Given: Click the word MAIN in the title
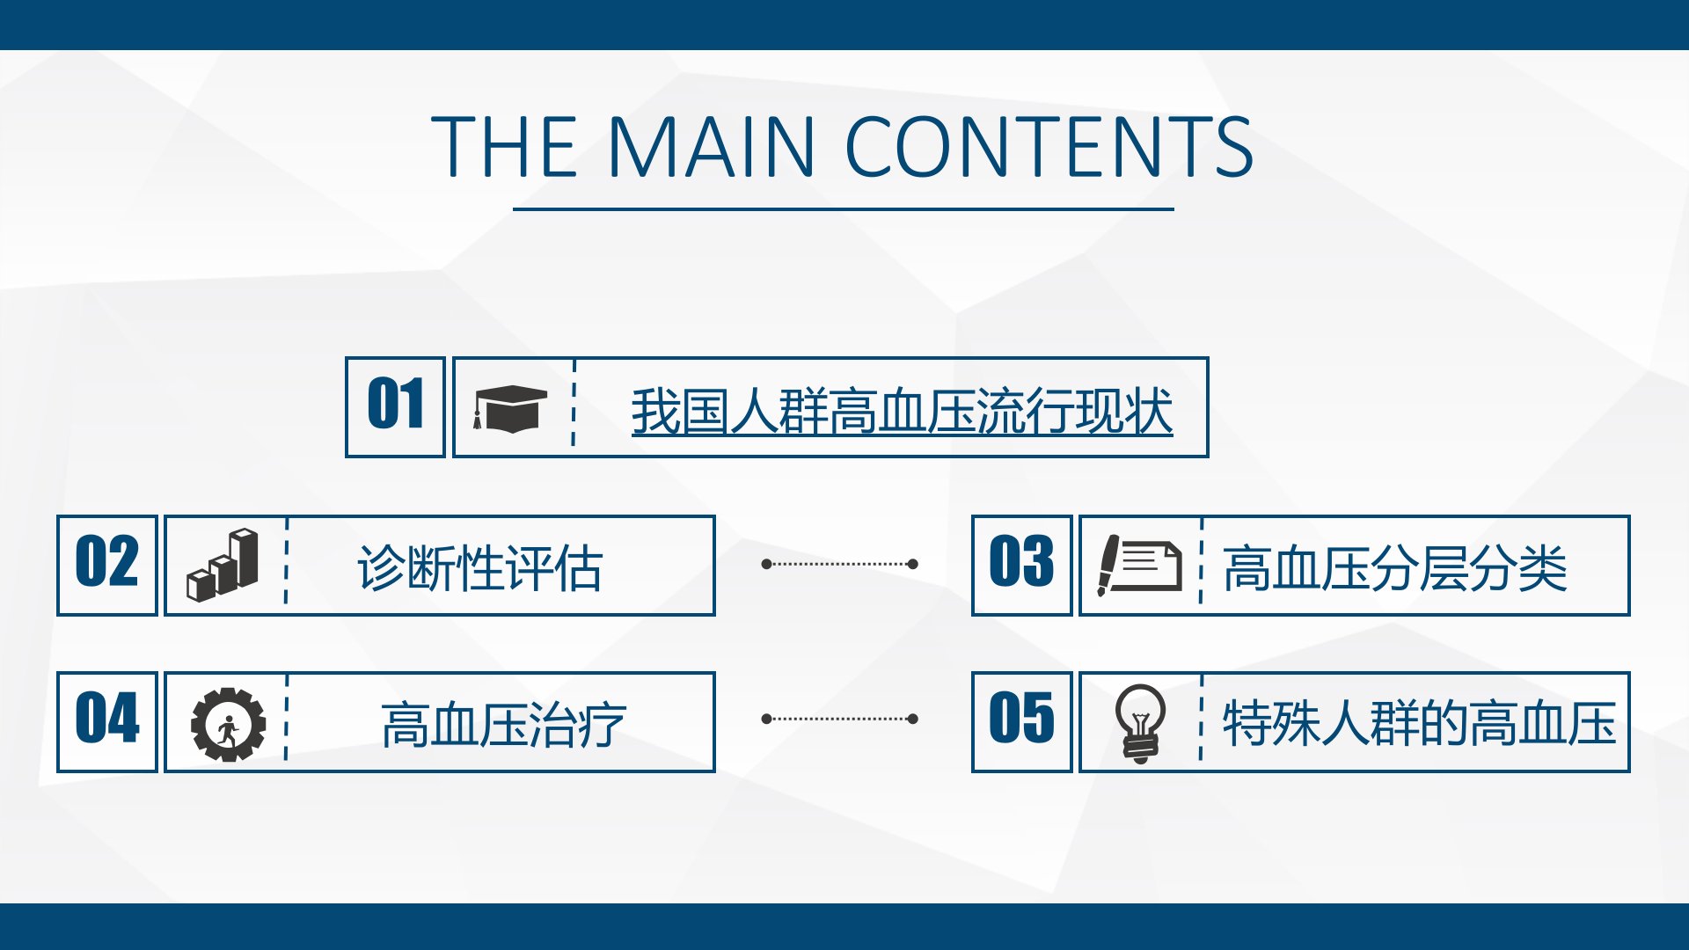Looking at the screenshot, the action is pyautogui.click(x=711, y=146).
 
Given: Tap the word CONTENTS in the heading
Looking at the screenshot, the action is pyautogui.click(x=1049, y=146).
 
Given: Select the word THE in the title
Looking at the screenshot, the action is pyautogui.click(x=504, y=146).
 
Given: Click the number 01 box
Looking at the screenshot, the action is pyautogui.click(x=395, y=407).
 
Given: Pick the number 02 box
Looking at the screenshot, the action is pyautogui.click(x=107, y=565).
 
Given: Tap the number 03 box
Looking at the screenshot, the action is pyautogui.click(x=1022, y=565).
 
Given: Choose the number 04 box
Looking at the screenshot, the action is pyautogui.click(x=107, y=722).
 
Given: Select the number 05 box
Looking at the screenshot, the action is pyautogui.click(x=1022, y=722).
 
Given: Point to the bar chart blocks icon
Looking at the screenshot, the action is pyautogui.click(x=223, y=565).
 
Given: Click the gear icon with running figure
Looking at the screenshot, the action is pyautogui.click(x=228, y=724).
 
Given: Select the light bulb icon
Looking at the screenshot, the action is pyautogui.click(x=1140, y=723).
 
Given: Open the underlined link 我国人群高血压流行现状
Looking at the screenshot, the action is pyautogui.click(x=902, y=411).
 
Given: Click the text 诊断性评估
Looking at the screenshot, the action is pyautogui.click(x=479, y=568).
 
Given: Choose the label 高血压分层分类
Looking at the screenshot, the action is pyautogui.click(x=1395, y=568).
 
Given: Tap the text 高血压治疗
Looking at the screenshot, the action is pyautogui.click(x=503, y=725).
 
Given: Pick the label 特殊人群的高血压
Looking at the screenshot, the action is pyautogui.click(x=1420, y=724).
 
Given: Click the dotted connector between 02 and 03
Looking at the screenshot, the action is pyautogui.click(x=840, y=564).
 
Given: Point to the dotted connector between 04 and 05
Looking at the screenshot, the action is pyautogui.click(x=840, y=719).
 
